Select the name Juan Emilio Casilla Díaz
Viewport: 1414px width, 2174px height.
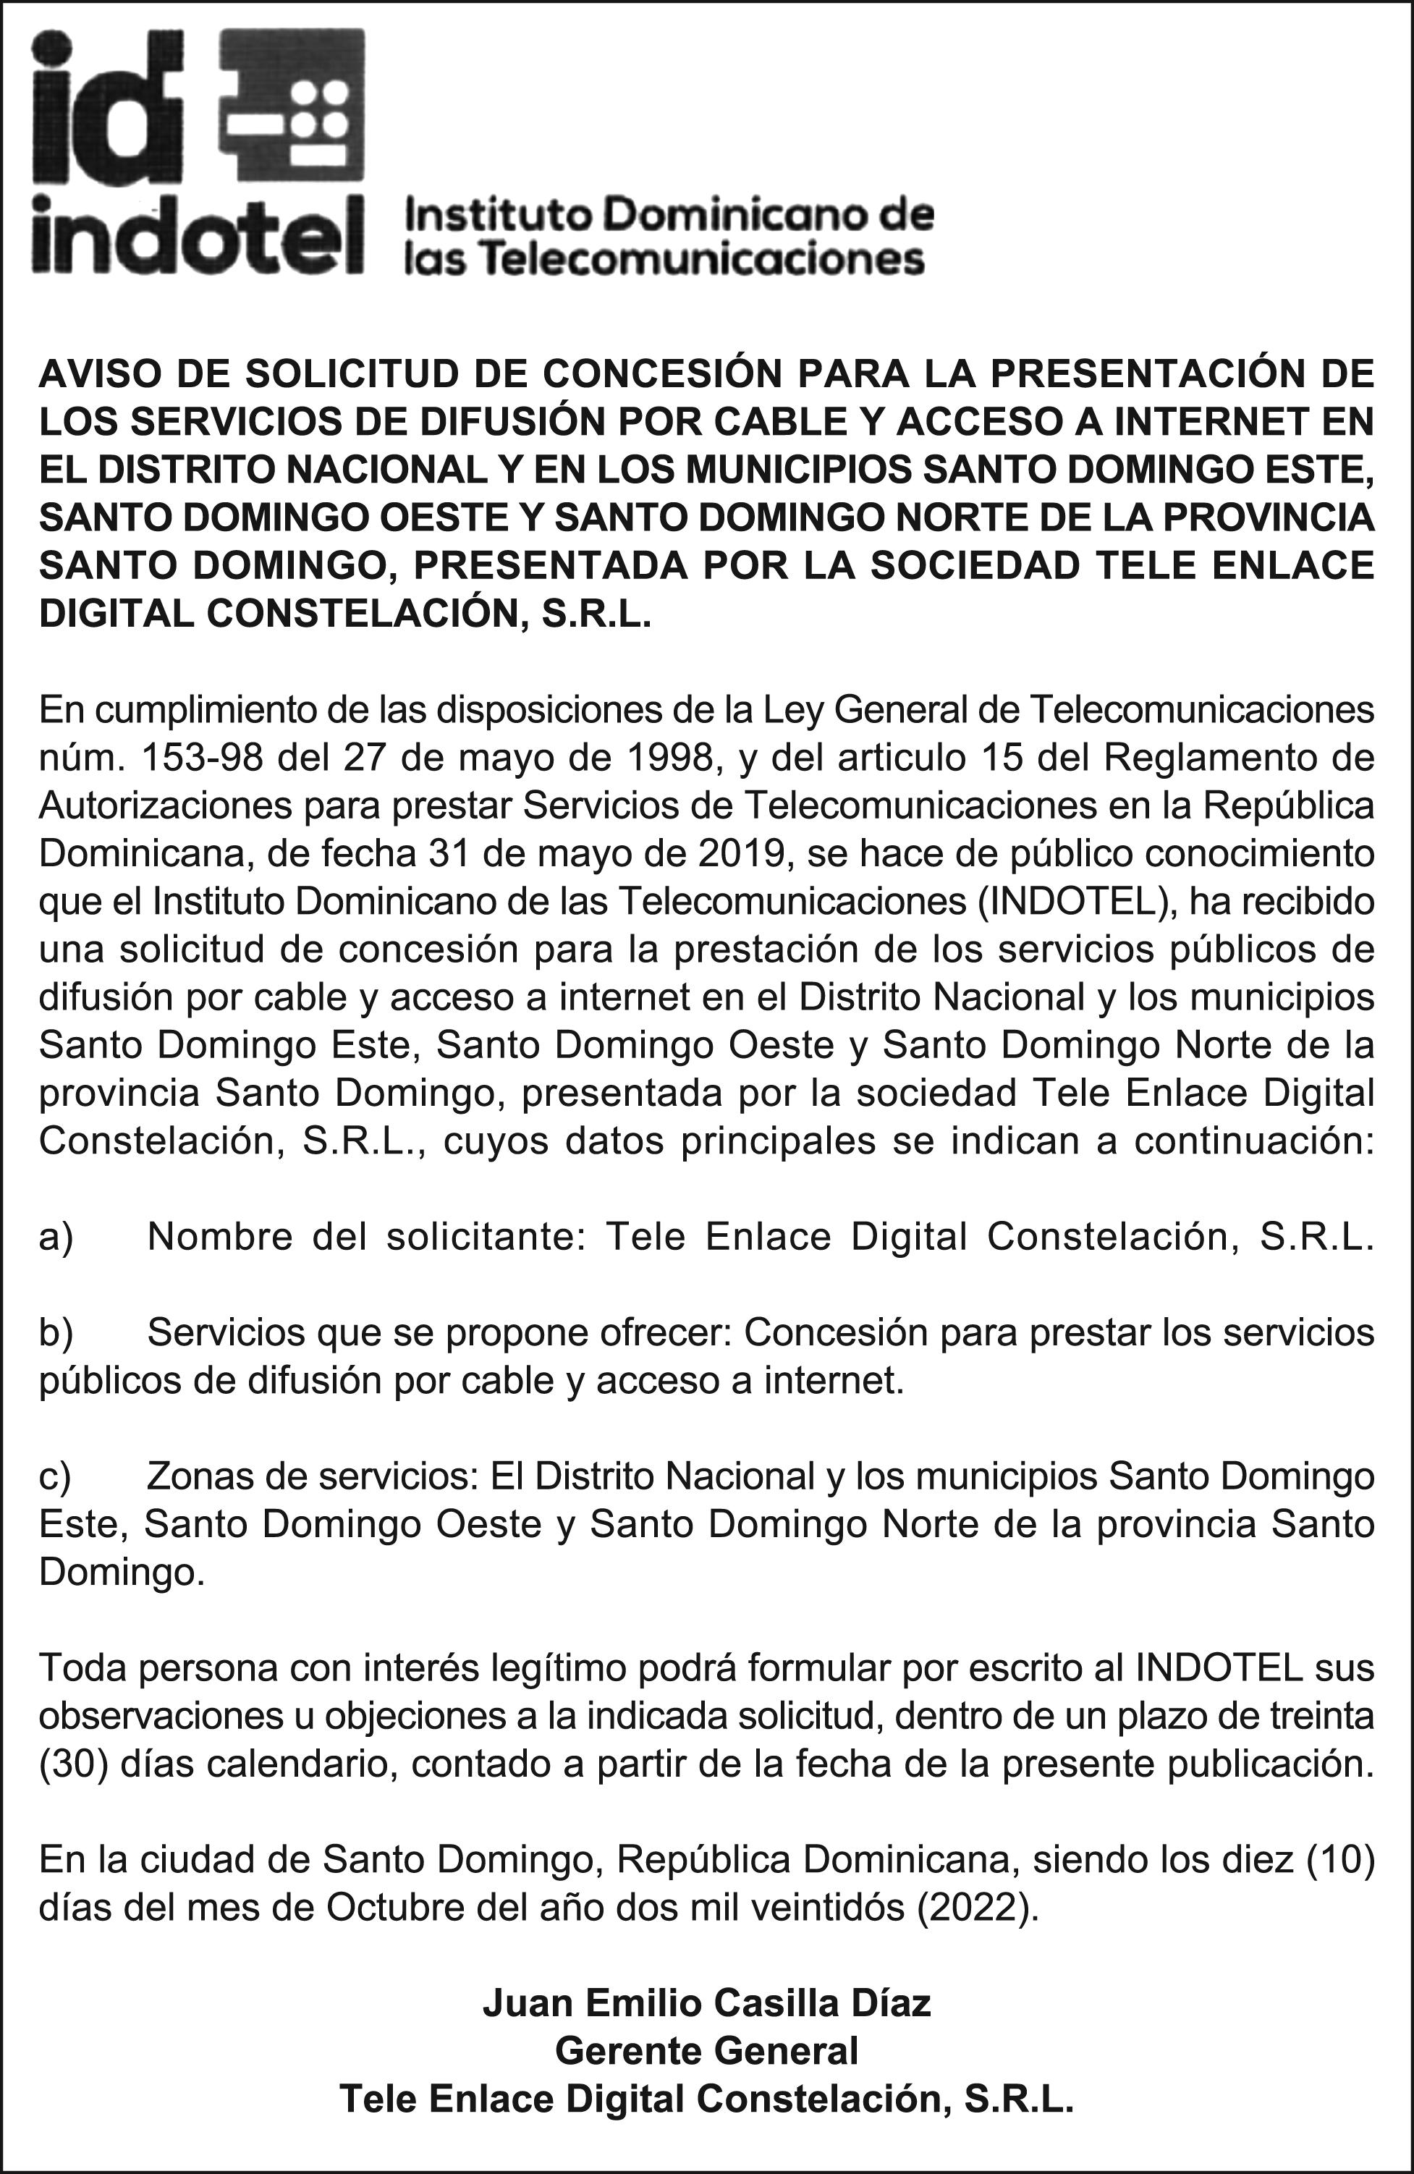[x=706, y=2003]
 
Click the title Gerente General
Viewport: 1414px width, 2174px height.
[x=706, y=2051]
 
